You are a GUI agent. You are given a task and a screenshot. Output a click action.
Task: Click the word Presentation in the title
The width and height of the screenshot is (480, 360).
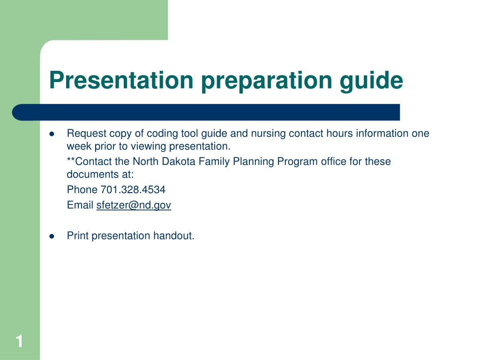(121, 80)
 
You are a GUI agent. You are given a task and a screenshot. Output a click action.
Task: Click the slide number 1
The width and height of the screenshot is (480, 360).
(19, 341)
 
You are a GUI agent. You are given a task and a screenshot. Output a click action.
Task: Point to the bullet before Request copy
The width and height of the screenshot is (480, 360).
(52, 134)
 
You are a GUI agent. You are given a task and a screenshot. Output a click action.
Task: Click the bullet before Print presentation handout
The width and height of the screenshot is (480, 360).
(52, 236)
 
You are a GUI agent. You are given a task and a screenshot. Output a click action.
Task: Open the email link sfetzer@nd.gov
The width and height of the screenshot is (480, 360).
(134, 205)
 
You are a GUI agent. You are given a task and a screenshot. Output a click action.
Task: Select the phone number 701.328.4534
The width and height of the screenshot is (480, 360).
(133, 190)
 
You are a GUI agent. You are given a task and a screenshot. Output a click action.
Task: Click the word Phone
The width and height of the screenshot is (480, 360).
(82, 190)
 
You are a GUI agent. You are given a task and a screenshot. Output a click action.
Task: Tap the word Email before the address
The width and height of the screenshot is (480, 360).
(80, 205)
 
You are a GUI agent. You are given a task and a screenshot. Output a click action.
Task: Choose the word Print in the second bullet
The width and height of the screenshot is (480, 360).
(78, 236)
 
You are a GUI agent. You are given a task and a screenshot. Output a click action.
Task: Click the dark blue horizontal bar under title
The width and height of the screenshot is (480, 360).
(206, 112)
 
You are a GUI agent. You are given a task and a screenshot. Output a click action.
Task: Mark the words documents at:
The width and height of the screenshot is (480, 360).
(100, 175)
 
